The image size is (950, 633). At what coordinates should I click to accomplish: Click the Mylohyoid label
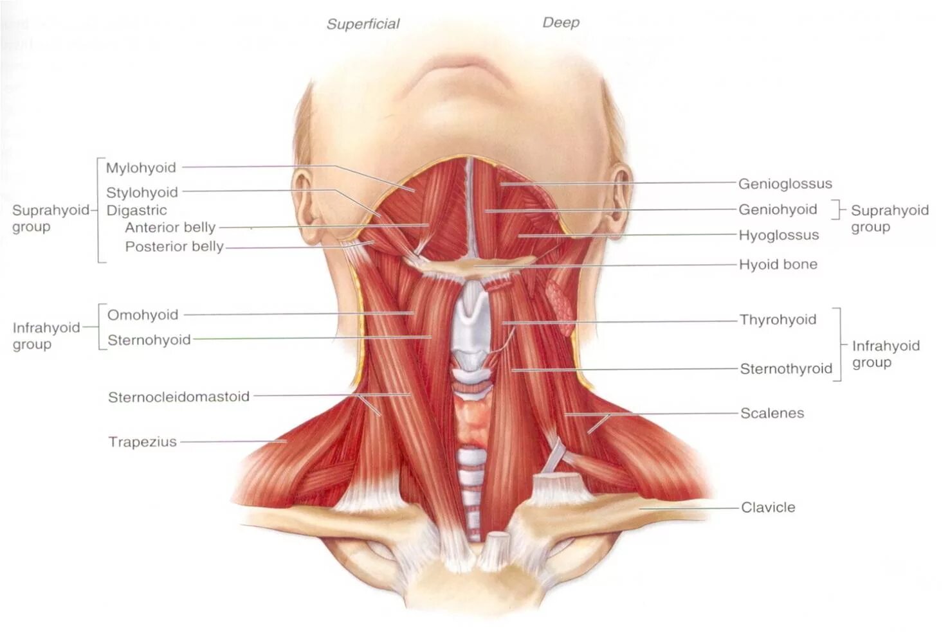pos(141,168)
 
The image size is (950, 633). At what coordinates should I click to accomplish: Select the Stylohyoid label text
pos(142,192)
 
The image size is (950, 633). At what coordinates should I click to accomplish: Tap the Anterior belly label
pos(170,227)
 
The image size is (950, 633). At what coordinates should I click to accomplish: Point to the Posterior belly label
pos(174,247)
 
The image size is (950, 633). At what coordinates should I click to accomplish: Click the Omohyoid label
pos(142,315)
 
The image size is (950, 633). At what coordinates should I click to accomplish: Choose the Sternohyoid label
pos(149,340)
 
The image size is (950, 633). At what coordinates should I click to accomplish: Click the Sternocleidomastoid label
pos(178,397)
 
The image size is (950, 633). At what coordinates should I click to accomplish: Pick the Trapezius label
pos(142,442)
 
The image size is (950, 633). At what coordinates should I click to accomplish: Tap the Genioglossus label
pos(785,184)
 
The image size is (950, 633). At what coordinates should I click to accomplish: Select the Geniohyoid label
pos(777,210)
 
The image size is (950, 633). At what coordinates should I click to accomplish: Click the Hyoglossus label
pos(778,235)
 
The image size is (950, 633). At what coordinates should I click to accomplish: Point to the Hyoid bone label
pos(778,264)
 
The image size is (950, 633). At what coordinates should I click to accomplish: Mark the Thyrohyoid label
pos(777,319)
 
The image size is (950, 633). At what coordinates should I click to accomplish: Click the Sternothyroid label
pos(785,369)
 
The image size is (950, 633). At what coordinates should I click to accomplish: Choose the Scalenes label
pos(772,413)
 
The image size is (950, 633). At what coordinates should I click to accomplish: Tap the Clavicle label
pos(768,507)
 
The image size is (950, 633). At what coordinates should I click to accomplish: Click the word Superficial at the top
pos(363,24)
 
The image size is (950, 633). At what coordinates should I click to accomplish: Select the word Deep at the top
pos(561,22)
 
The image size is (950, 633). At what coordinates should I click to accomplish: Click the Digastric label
pos(136,210)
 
